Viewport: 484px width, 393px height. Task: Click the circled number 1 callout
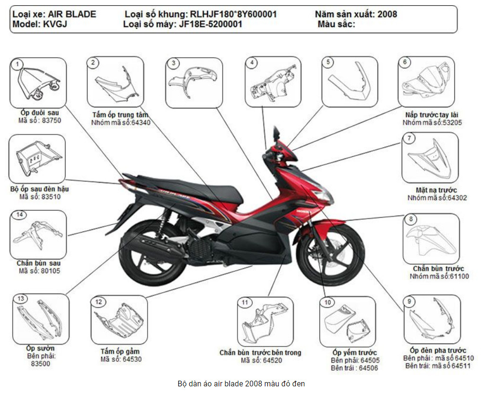(18, 64)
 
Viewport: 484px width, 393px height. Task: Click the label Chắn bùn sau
(38, 263)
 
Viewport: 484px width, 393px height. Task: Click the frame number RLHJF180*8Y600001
(233, 14)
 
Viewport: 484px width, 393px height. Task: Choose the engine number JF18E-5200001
(211, 25)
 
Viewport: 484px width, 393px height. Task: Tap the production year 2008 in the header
(387, 14)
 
